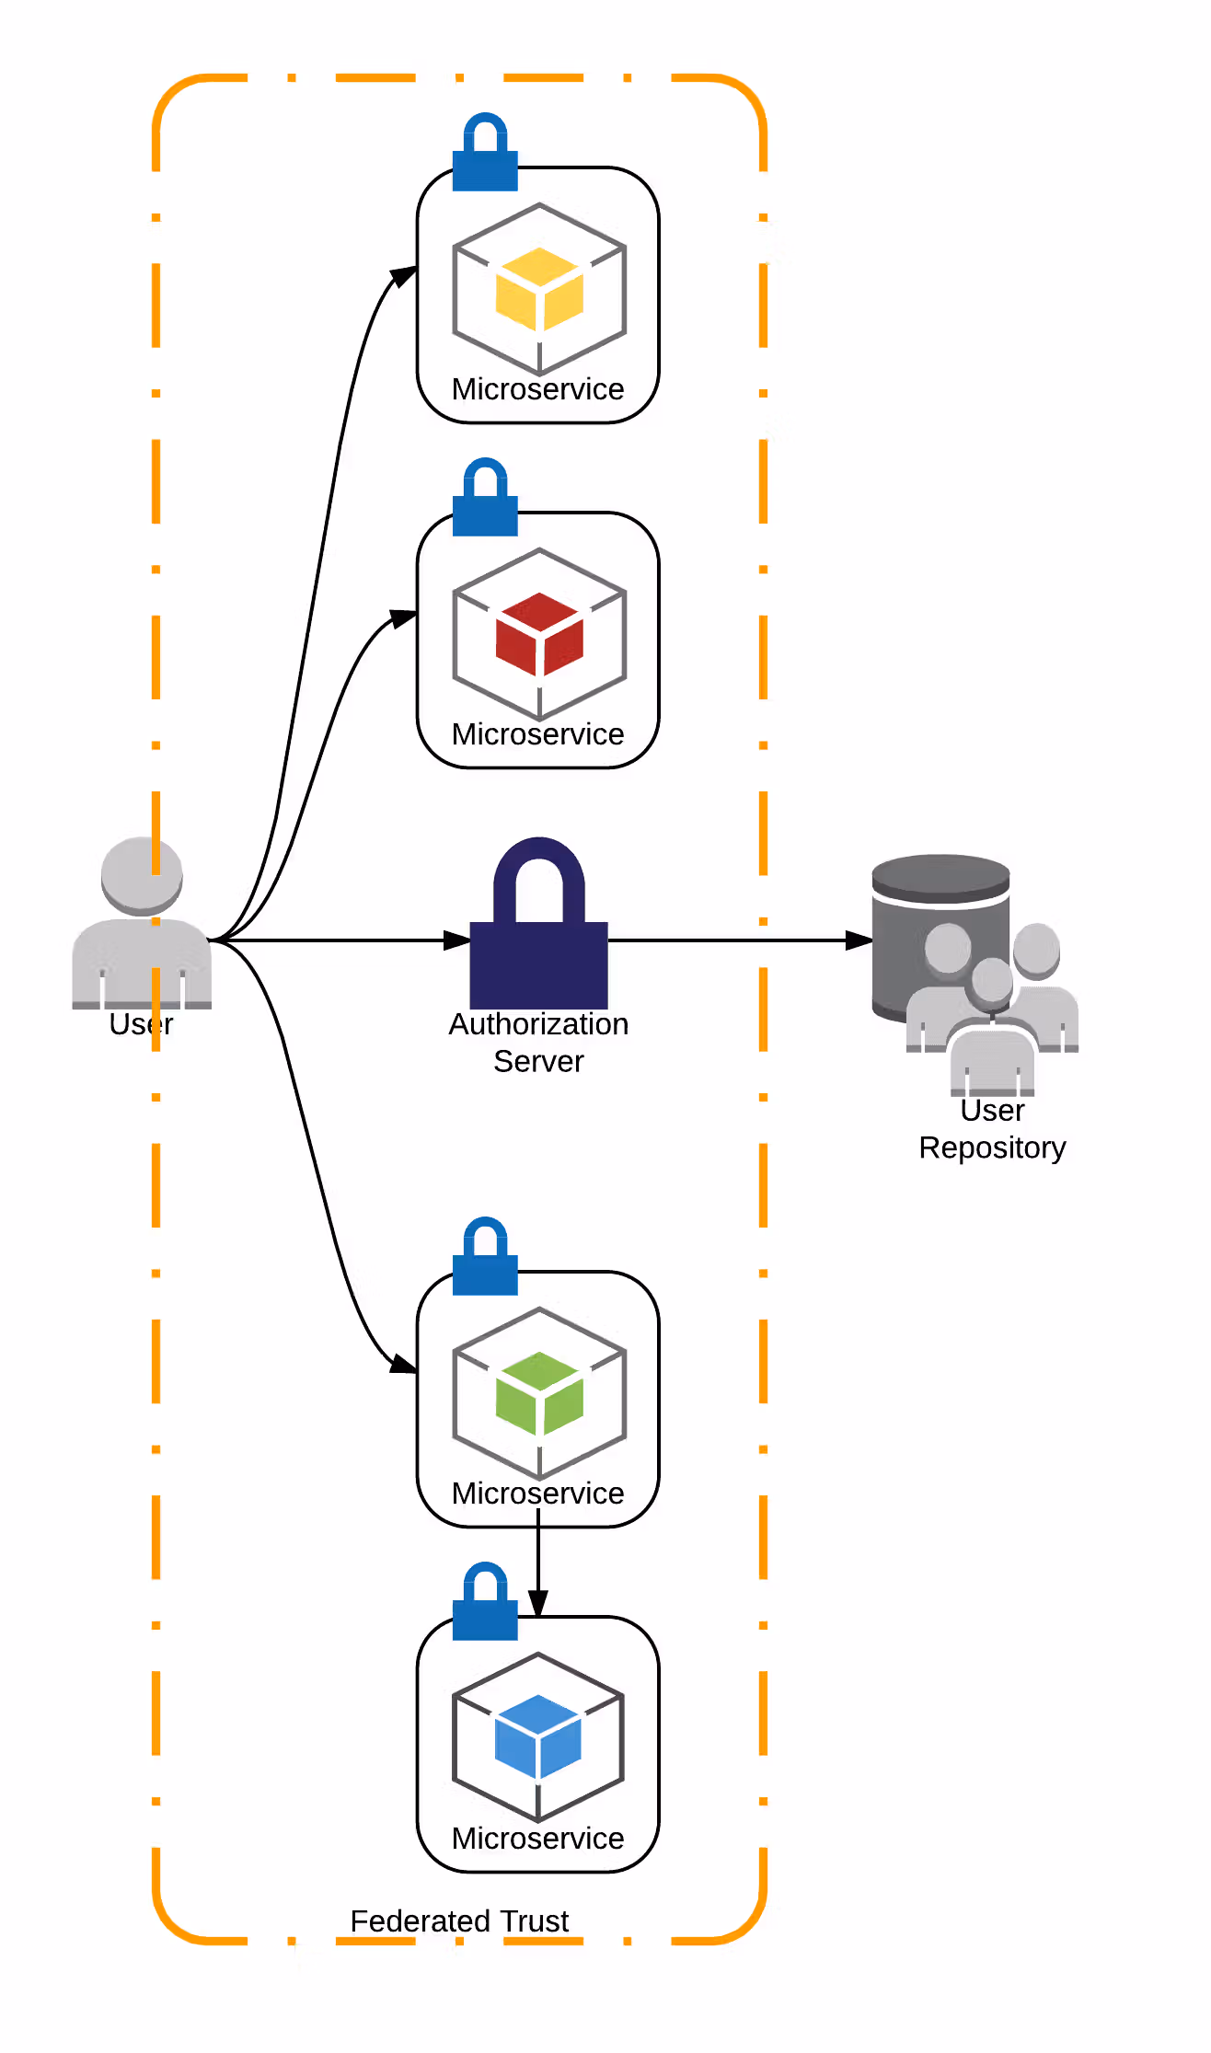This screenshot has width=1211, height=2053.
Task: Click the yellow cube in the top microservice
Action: (x=539, y=288)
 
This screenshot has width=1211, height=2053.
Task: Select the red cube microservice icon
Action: (x=539, y=634)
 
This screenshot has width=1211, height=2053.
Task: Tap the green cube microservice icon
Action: (x=539, y=1393)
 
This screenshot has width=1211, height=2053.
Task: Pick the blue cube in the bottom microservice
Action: (x=538, y=1736)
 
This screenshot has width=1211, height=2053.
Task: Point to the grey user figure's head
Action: (x=142, y=875)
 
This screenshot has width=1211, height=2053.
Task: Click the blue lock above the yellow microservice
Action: (x=485, y=152)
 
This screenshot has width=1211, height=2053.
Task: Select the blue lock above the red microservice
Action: (x=485, y=497)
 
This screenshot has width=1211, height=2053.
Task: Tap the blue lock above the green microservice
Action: (x=485, y=1256)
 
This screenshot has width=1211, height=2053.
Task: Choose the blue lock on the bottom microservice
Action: (x=485, y=1601)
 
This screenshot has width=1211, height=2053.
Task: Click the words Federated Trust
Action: (x=459, y=1920)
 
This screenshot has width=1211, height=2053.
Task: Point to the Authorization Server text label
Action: (x=539, y=1043)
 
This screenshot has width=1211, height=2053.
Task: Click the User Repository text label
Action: (x=992, y=1129)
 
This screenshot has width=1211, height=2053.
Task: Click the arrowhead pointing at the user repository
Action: (x=859, y=940)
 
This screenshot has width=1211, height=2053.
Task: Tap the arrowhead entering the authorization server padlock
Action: (x=457, y=940)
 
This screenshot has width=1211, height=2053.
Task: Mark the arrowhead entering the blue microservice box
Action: (x=538, y=1604)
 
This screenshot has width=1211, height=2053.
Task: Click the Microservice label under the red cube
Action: (x=538, y=734)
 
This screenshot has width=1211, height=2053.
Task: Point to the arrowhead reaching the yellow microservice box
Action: (x=404, y=275)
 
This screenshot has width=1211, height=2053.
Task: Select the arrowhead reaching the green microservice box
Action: (x=404, y=1365)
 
